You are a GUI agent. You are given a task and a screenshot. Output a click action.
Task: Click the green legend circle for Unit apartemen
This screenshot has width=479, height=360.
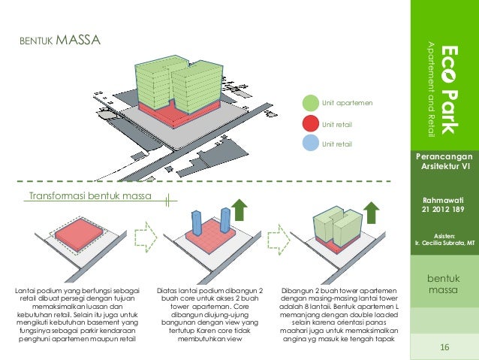tap(311, 103)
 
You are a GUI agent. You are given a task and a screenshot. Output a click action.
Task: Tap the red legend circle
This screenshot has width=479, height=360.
tap(311, 123)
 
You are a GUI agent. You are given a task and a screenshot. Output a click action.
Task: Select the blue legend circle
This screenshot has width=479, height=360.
tap(311, 143)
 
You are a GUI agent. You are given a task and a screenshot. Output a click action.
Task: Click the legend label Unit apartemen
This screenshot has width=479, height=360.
tap(347, 103)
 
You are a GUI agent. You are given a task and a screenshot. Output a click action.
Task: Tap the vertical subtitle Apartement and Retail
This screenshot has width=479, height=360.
tap(431, 86)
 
